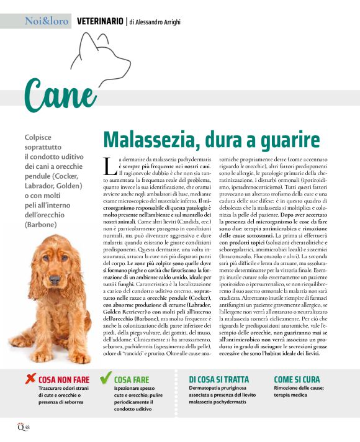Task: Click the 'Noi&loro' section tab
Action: click(x=47, y=21)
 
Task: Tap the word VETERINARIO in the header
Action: click(x=99, y=21)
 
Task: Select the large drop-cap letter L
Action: click(x=109, y=167)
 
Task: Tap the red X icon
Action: click(x=30, y=378)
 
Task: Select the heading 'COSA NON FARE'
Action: click(x=64, y=379)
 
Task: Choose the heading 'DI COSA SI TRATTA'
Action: click(x=218, y=379)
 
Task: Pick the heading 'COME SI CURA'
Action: click(x=297, y=379)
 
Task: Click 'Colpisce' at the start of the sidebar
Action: click(x=38, y=137)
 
